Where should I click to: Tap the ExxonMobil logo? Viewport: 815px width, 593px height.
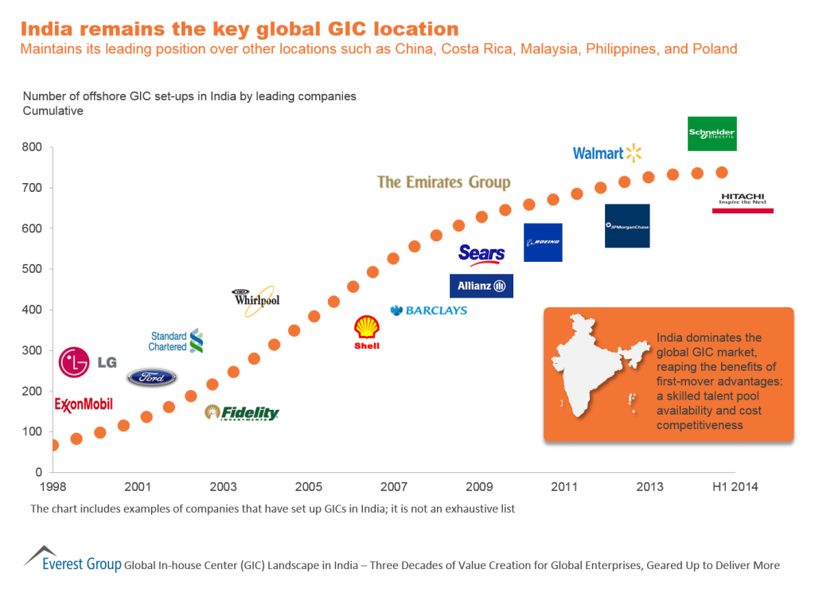pos(84,404)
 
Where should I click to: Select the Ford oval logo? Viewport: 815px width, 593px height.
pos(152,377)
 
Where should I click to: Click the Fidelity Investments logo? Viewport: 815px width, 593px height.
pos(242,412)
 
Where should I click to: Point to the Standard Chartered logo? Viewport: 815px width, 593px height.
pos(177,341)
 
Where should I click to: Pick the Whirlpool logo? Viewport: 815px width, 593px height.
pos(255,300)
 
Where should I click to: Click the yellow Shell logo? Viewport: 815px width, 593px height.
pos(367,332)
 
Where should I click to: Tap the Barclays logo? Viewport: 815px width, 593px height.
pos(428,310)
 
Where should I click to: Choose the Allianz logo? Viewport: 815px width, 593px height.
pos(482,286)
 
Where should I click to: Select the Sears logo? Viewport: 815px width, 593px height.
pos(482,255)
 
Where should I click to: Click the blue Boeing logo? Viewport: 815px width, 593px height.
pos(543,242)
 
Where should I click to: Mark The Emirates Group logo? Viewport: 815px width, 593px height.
pos(443,182)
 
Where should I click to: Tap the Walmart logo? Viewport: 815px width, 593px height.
pos(607,153)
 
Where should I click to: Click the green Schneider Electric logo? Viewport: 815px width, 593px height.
pos(712,134)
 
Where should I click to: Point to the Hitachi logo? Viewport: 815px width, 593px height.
pos(743,202)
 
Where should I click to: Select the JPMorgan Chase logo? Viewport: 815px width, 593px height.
pos(627,226)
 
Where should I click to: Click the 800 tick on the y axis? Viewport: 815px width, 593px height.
pos(32,147)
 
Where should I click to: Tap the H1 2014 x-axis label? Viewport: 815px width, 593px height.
pos(733,486)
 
